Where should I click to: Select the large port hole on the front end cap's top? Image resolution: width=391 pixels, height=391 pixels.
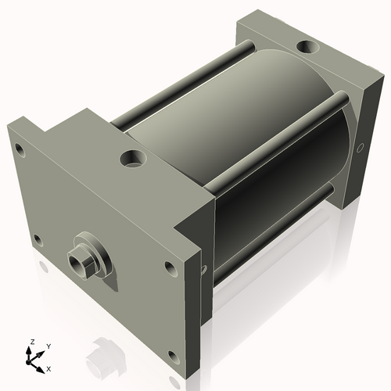pyautogui.click(x=131, y=160)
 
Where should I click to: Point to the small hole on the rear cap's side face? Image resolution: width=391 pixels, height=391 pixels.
pyautogui.click(x=361, y=147)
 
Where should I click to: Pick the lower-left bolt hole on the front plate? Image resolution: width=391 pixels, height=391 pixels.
pyautogui.click(x=36, y=239)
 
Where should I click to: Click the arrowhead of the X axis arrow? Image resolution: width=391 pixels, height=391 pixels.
pyautogui.click(x=42, y=364)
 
